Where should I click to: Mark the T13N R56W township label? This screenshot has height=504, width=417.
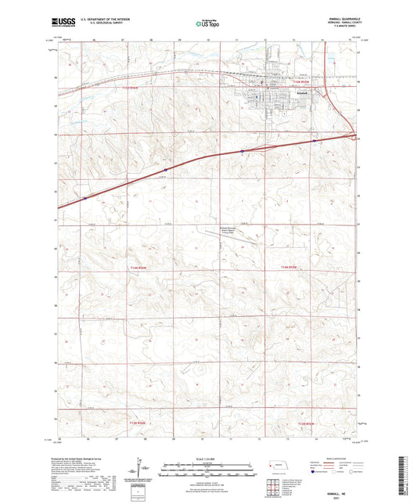tap(135, 423)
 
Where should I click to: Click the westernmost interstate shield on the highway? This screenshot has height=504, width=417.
tap(84, 198)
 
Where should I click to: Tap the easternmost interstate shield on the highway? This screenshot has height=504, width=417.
tap(314, 141)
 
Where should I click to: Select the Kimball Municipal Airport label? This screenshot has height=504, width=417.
tap(227, 230)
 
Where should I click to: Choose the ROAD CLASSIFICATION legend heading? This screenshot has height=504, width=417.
tap(341, 459)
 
